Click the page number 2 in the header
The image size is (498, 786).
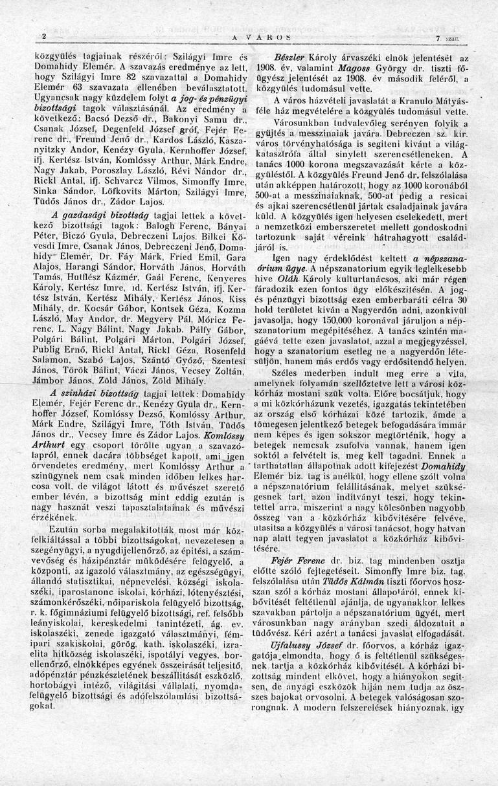44,36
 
